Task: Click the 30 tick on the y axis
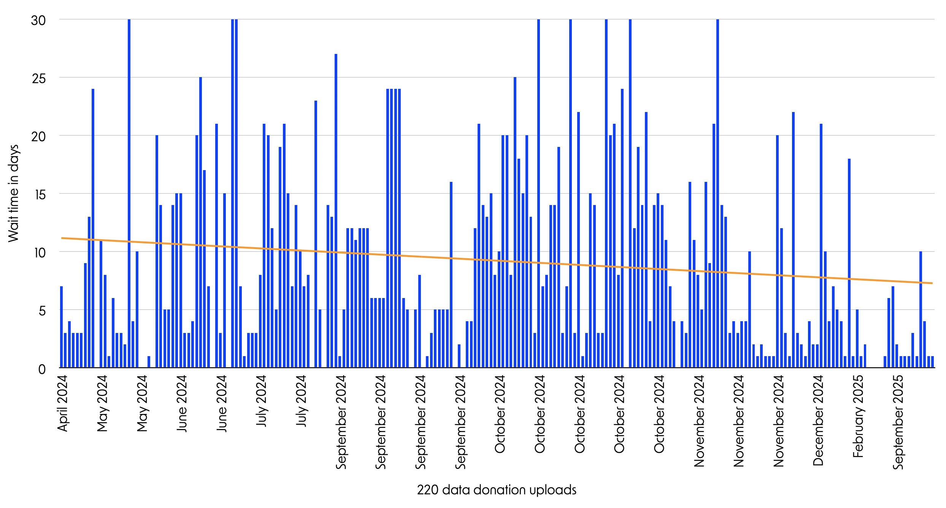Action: coord(38,20)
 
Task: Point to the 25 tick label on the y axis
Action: coord(38,79)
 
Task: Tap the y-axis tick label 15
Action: coord(40,195)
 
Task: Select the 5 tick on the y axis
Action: coord(42,311)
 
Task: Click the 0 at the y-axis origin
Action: coord(42,369)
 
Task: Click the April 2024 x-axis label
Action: coord(63,403)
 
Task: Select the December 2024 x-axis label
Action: coord(818,420)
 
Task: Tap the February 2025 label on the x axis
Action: coord(858,416)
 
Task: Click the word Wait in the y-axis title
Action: coord(13,229)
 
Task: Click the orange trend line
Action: coord(494,261)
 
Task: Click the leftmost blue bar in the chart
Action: coord(61,327)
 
